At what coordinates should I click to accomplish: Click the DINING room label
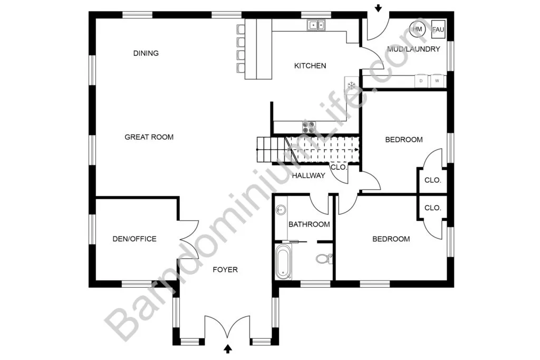(x=146, y=53)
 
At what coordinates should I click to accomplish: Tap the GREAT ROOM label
(x=149, y=137)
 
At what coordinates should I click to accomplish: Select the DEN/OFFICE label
(x=134, y=239)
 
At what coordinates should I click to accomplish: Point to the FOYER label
(x=225, y=269)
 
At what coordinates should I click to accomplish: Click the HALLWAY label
(x=308, y=176)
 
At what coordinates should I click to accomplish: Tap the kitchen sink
(x=316, y=25)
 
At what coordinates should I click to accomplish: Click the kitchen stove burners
(x=309, y=127)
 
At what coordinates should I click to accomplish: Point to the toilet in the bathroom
(x=324, y=258)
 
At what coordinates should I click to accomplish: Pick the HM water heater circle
(x=418, y=29)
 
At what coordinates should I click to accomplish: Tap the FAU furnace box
(x=438, y=30)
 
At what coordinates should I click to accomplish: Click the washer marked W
(x=437, y=81)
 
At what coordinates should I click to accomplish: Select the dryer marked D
(x=421, y=81)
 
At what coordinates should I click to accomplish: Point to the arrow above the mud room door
(x=378, y=8)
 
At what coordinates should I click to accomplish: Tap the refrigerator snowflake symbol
(x=351, y=85)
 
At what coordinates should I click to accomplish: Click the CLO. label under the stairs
(x=339, y=167)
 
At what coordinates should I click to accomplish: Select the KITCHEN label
(x=310, y=66)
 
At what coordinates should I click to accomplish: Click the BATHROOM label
(x=309, y=225)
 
